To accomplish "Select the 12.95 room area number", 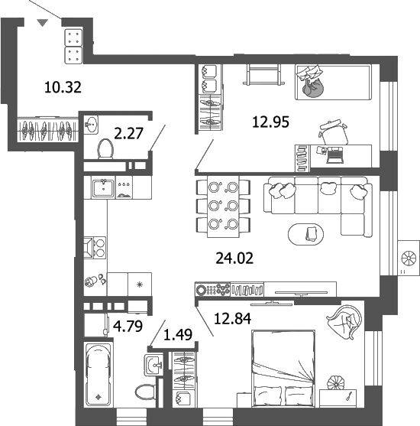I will (x=270, y=121).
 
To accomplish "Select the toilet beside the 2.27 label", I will (x=106, y=149).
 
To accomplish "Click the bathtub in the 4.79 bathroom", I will (x=99, y=376).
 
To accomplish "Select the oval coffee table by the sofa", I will (x=310, y=234).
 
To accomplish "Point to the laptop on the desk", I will (x=334, y=157).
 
